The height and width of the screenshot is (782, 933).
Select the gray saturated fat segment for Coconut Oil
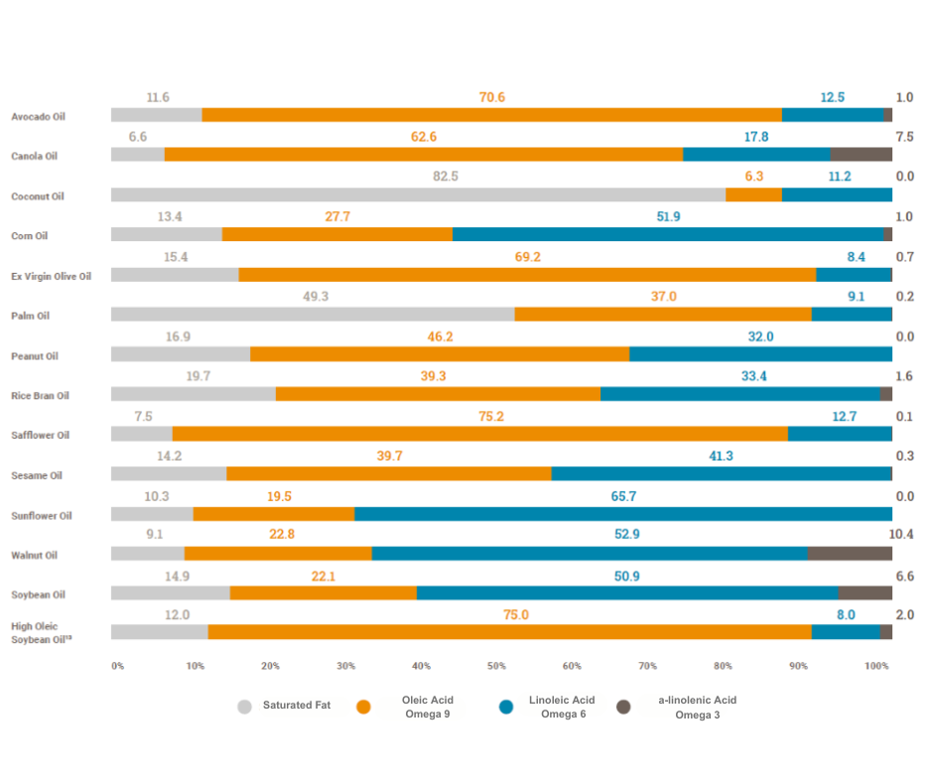point(418,195)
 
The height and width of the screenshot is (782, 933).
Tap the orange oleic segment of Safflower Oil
point(479,434)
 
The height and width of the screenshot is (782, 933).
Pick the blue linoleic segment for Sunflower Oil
point(622,514)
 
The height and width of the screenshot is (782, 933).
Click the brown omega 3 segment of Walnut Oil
point(849,554)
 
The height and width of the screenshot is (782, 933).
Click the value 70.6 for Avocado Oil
point(491,97)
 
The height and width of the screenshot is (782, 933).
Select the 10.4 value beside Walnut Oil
point(903,535)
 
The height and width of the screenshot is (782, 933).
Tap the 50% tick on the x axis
point(496,665)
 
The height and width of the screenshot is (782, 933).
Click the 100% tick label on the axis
point(877,665)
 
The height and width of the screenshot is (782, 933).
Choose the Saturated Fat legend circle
point(245,707)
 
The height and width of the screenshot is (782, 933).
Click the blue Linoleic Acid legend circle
point(507,707)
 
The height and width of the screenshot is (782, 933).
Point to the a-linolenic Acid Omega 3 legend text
point(697,707)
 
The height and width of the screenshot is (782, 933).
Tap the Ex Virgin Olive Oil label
point(51,276)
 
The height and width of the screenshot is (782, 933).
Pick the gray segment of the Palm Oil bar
point(313,315)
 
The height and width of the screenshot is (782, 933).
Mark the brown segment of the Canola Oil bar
point(861,154)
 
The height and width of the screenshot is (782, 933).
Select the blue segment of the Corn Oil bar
point(667,234)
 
